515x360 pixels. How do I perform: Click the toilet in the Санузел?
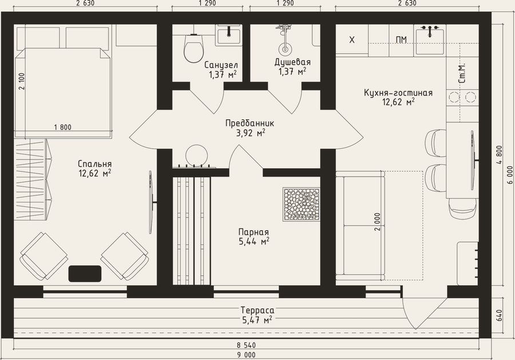coord(193,49)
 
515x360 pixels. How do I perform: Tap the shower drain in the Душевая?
coord(285,49)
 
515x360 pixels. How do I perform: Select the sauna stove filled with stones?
coord(302,204)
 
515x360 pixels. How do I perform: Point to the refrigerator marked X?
coord(352,39)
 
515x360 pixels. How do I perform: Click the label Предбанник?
coord(249,123)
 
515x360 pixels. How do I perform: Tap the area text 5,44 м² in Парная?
coord(254,242)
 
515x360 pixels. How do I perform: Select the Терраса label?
coord(257,310)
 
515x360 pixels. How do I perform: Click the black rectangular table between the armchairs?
coord(85,274)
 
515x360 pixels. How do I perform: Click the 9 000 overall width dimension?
coord(246,355)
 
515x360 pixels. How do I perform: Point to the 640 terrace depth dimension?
coord(500,315)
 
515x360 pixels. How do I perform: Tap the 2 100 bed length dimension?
coord(22,81)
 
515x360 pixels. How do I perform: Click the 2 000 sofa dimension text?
coord(378,221)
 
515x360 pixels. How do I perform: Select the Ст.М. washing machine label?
coord(462,73)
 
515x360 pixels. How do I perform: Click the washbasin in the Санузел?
coord(228,35)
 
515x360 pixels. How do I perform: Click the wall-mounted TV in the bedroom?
coord(152,201)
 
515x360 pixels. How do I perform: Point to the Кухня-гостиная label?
coord(398,93)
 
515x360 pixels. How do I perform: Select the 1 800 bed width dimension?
coord(62,127)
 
